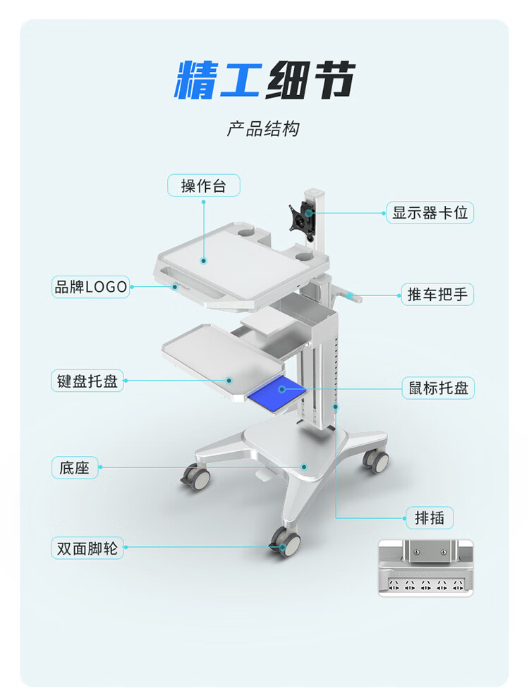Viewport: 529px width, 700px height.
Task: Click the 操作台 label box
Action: (x=204, y=185)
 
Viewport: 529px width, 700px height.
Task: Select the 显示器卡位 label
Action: (x=430, y=212)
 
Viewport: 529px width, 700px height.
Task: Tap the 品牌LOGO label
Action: (x=91, y=287)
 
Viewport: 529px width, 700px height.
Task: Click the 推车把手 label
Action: (x=437, y=294)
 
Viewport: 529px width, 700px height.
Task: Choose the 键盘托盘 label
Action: (x=87, y=381)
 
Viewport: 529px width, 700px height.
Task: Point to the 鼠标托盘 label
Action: (x=438, y=388)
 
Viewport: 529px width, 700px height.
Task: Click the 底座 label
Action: (x=75, y=467)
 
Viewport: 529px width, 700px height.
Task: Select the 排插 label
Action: (x=430, y=518)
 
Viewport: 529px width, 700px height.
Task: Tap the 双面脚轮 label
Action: (x=87, y=548)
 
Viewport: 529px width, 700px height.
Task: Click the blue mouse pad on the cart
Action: (x=278, y=392)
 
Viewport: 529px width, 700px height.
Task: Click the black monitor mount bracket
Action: (x=304, y=218)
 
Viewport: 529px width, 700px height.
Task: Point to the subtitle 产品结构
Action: (x=263, y=129)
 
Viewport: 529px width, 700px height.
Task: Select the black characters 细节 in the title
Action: (x=310, y=80)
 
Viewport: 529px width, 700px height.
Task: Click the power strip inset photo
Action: (x=426, y=568)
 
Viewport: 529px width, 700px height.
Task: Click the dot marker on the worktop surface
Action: (x=204, y=261)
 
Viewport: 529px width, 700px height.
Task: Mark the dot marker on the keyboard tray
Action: (x=229, y=381)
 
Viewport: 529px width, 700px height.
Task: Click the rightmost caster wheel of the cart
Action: (x=376, y=461)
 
